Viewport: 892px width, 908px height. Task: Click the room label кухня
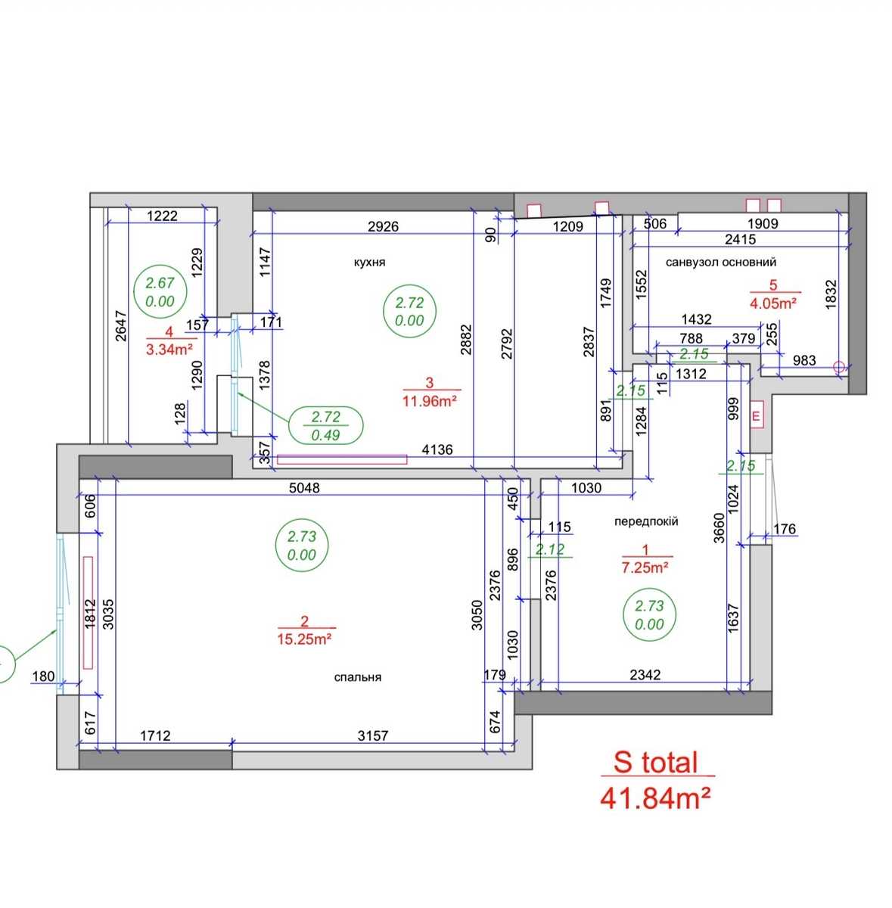click(x=369, y=263)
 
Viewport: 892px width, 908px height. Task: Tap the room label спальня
click(x=358, y=677)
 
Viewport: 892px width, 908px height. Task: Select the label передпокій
click(x=646, y=521)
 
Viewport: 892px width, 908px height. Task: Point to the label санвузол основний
click(x=720, y=263)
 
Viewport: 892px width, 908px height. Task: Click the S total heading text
click(x=655, y=763)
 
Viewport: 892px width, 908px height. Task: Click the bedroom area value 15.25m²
click(x=304, y=639)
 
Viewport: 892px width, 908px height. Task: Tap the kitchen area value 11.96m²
click(x=429, y=402)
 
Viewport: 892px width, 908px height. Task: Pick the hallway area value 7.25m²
click(x=645, y=567)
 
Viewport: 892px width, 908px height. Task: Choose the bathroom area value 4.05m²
click(x=773, y=303)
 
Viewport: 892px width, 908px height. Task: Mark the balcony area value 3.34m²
click(x=169, y=350)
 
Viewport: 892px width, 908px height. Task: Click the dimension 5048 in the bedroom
click(x=304, y=488)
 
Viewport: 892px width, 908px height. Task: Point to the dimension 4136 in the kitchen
click(x=437, y=449)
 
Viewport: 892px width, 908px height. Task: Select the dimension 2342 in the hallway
click(x=645, y=675)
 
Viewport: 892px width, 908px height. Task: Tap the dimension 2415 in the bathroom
click(x=740, y=239)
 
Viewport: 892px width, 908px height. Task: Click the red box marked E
click(x=757, y=415)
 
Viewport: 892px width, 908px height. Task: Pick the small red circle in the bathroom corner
click(x=839, y=366)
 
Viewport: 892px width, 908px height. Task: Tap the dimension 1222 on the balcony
click(x=162, y=216)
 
